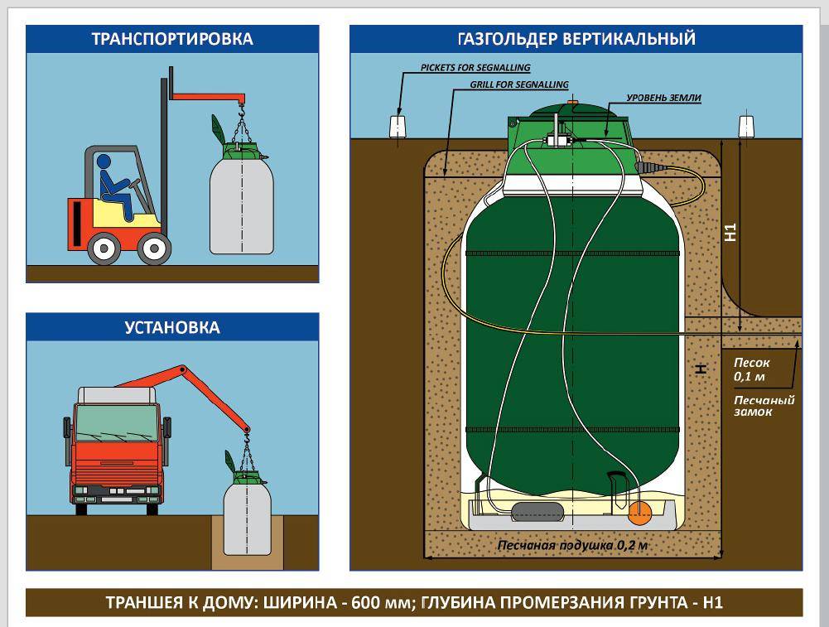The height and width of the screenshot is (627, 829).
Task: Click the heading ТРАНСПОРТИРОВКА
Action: (x=172, y=39)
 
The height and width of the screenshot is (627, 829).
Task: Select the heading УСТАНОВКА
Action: (x=172, y=327)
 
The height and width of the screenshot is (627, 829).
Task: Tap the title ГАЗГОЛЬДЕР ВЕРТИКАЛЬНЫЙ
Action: (x=576, y=39)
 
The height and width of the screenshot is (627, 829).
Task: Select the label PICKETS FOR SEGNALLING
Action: (x=475, y=67)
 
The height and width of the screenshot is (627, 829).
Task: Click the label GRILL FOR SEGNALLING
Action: (x=519, y=84)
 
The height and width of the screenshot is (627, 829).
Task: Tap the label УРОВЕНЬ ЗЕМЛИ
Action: (x=664, y=98)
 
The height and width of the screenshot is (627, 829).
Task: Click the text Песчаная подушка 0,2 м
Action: (x=571, y=546)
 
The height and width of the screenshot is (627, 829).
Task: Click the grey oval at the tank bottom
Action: (x=537, y=511)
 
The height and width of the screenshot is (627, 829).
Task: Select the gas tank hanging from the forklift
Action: (x=242, y=203)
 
